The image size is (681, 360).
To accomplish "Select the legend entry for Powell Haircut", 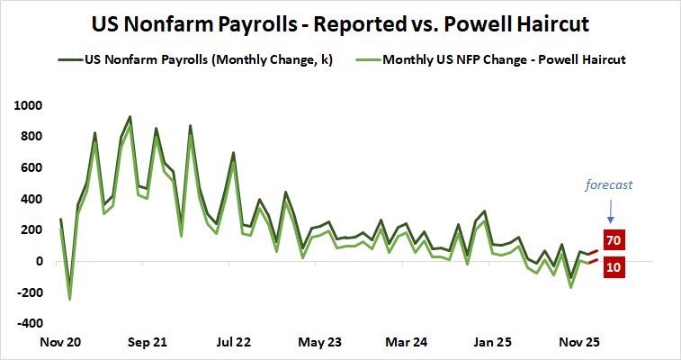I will coord(503,61).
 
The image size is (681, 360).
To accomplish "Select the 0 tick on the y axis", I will coord(39,261).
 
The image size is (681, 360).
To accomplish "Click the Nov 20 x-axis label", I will coord(61,342).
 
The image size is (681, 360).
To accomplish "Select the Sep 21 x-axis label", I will coord(148,342).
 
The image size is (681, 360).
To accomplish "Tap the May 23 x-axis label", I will coord(320,342).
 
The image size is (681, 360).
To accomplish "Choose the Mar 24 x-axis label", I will coord(408,342).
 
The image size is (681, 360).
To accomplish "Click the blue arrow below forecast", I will coord(611,211).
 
